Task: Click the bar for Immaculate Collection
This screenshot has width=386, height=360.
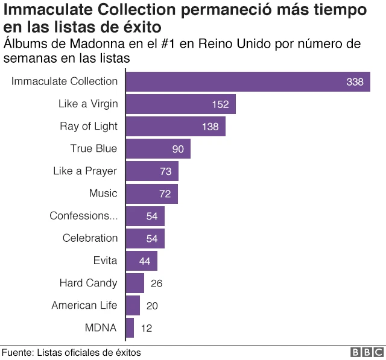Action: pos(247,81)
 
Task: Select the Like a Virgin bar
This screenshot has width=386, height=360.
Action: pos(180,104)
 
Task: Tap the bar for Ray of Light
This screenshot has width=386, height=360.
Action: pos(176,127)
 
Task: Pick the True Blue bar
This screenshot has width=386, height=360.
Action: pos(158,149)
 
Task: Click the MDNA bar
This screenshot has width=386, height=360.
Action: pos(130,328)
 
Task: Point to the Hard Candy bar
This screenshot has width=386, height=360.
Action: pos(135,283)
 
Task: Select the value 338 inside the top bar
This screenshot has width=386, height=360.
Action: pos(355,82)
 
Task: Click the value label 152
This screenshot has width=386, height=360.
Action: pos(220,104)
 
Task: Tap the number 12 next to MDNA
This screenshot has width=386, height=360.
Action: pos(147,329)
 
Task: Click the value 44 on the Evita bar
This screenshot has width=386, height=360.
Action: pos(146,261)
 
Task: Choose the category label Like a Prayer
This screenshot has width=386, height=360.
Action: pos(85,171)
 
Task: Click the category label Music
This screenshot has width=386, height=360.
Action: pos(103,194)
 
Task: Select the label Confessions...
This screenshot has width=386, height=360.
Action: pos(83,216)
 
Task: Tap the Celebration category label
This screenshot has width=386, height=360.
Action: pos(90,238)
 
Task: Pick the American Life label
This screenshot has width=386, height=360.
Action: pos(84,305)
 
